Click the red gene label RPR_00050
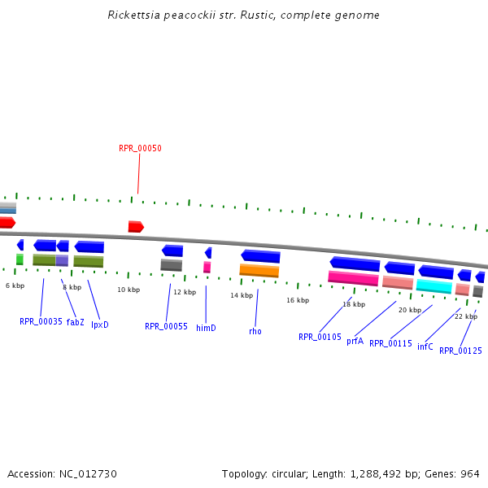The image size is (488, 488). click(x=140, y=148)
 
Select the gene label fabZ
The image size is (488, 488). click(x=76, y=322)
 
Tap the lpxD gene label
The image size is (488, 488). click(x=99, y=325)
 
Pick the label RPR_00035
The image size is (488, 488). click(x=41, y=321)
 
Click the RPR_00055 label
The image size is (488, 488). click(x=166, y=326)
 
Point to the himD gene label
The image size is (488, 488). click(x=206, y=328)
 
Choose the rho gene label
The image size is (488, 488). click(x=255, y=331)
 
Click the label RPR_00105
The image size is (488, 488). click(x=320, y=337)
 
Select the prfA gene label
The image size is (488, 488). click(x=355, y=342)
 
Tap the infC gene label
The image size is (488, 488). click(x=425, y=346)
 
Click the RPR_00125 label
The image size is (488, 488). click(x=460, y=351)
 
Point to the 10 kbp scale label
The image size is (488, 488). click(x=128, y=290)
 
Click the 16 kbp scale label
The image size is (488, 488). click(x=298, y=300)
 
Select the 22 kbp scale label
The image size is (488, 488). click(x=465, y=316)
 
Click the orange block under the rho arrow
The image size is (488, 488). click(x=259, y=270)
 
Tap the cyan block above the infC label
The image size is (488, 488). click(x=434, y=285)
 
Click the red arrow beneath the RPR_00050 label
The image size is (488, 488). click(x=136, y=226)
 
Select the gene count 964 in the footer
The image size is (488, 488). click(x=469, y=473)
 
